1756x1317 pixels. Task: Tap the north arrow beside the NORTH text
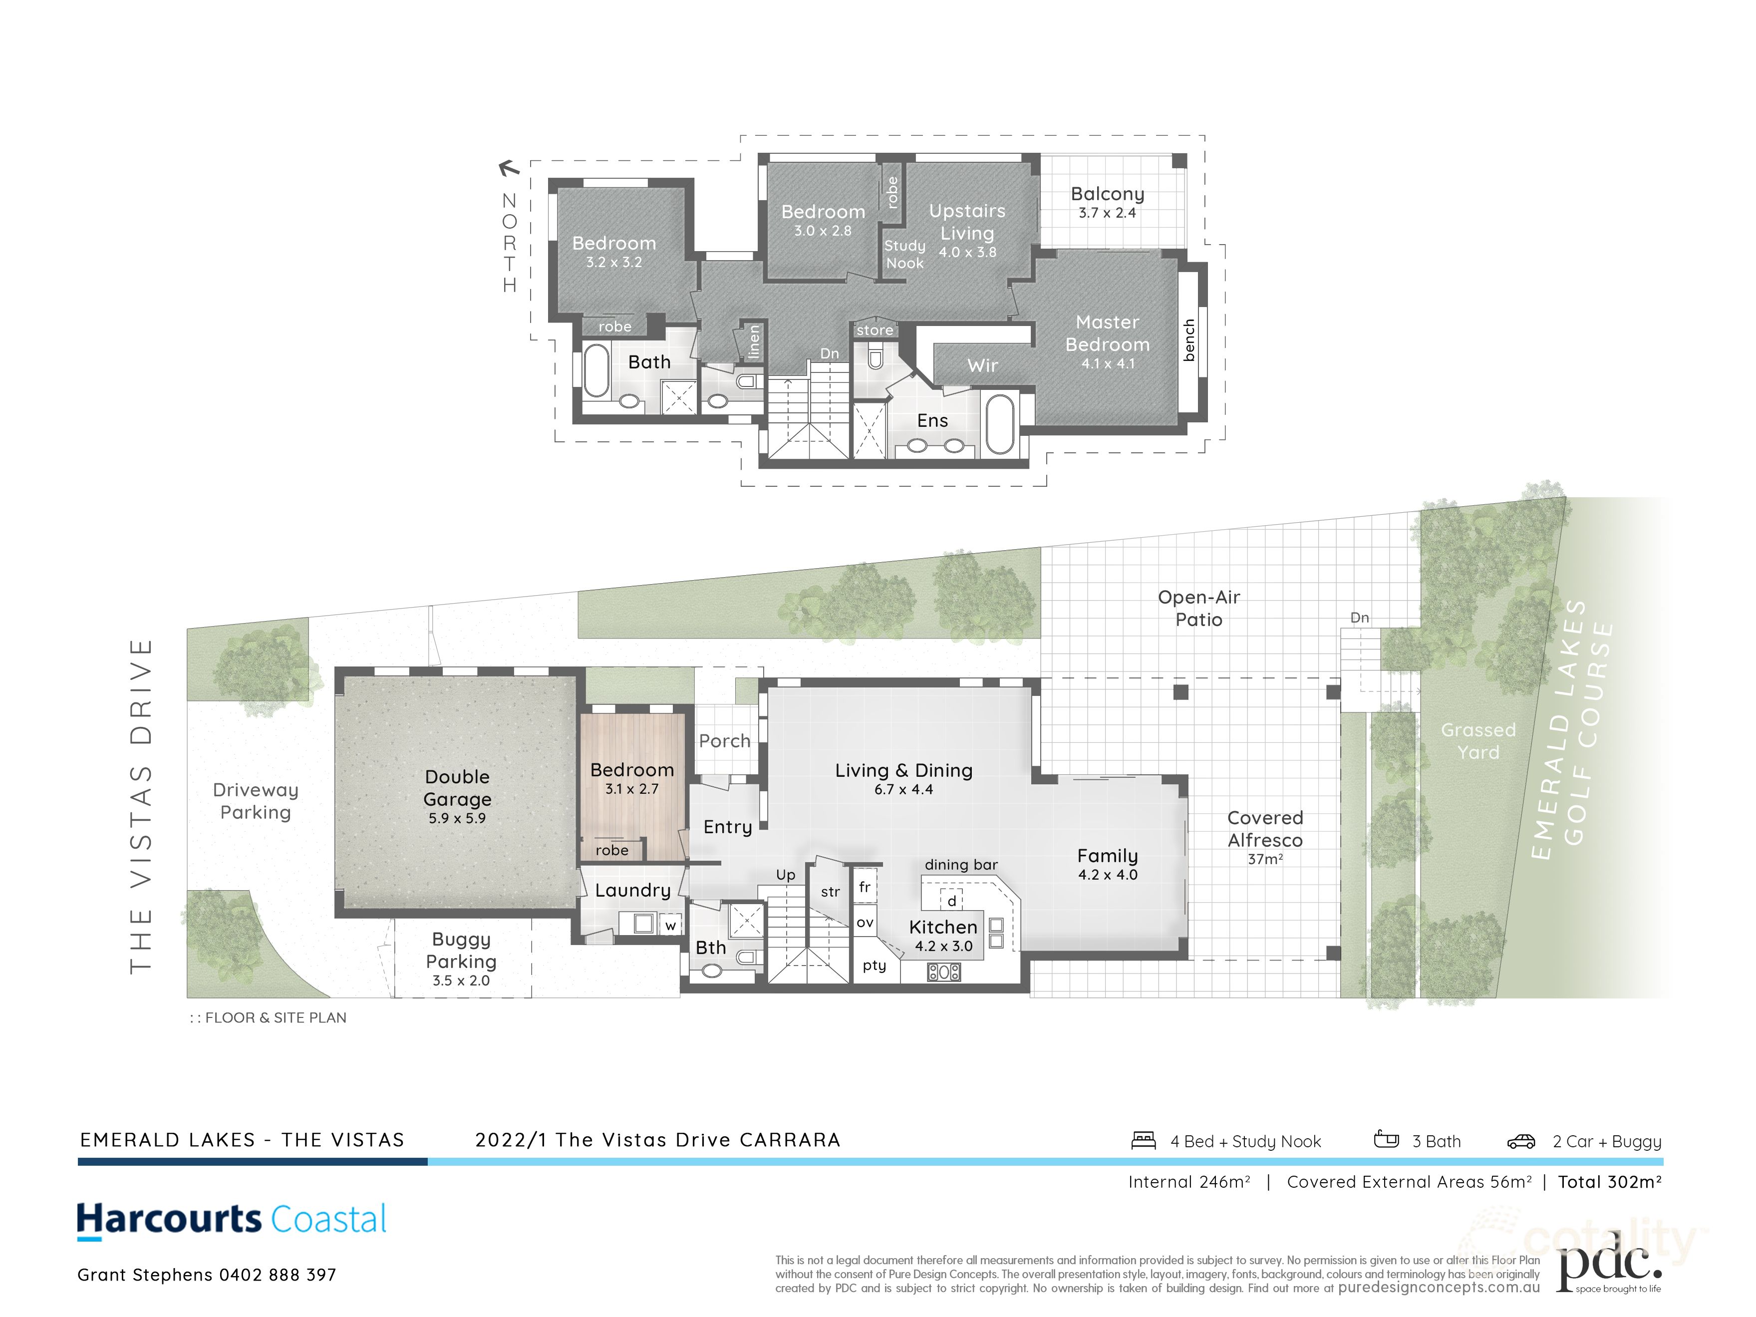508,168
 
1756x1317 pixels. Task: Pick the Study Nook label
904,254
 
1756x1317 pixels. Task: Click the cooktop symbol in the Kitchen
943,972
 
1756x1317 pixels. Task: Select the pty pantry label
874,966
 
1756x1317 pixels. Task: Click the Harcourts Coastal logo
231,1220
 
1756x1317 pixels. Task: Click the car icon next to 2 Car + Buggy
1520,1142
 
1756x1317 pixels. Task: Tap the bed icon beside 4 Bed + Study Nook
1143,1141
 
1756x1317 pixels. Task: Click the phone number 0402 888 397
278,1275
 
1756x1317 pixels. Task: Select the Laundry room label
633,890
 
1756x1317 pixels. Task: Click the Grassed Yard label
1477,741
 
